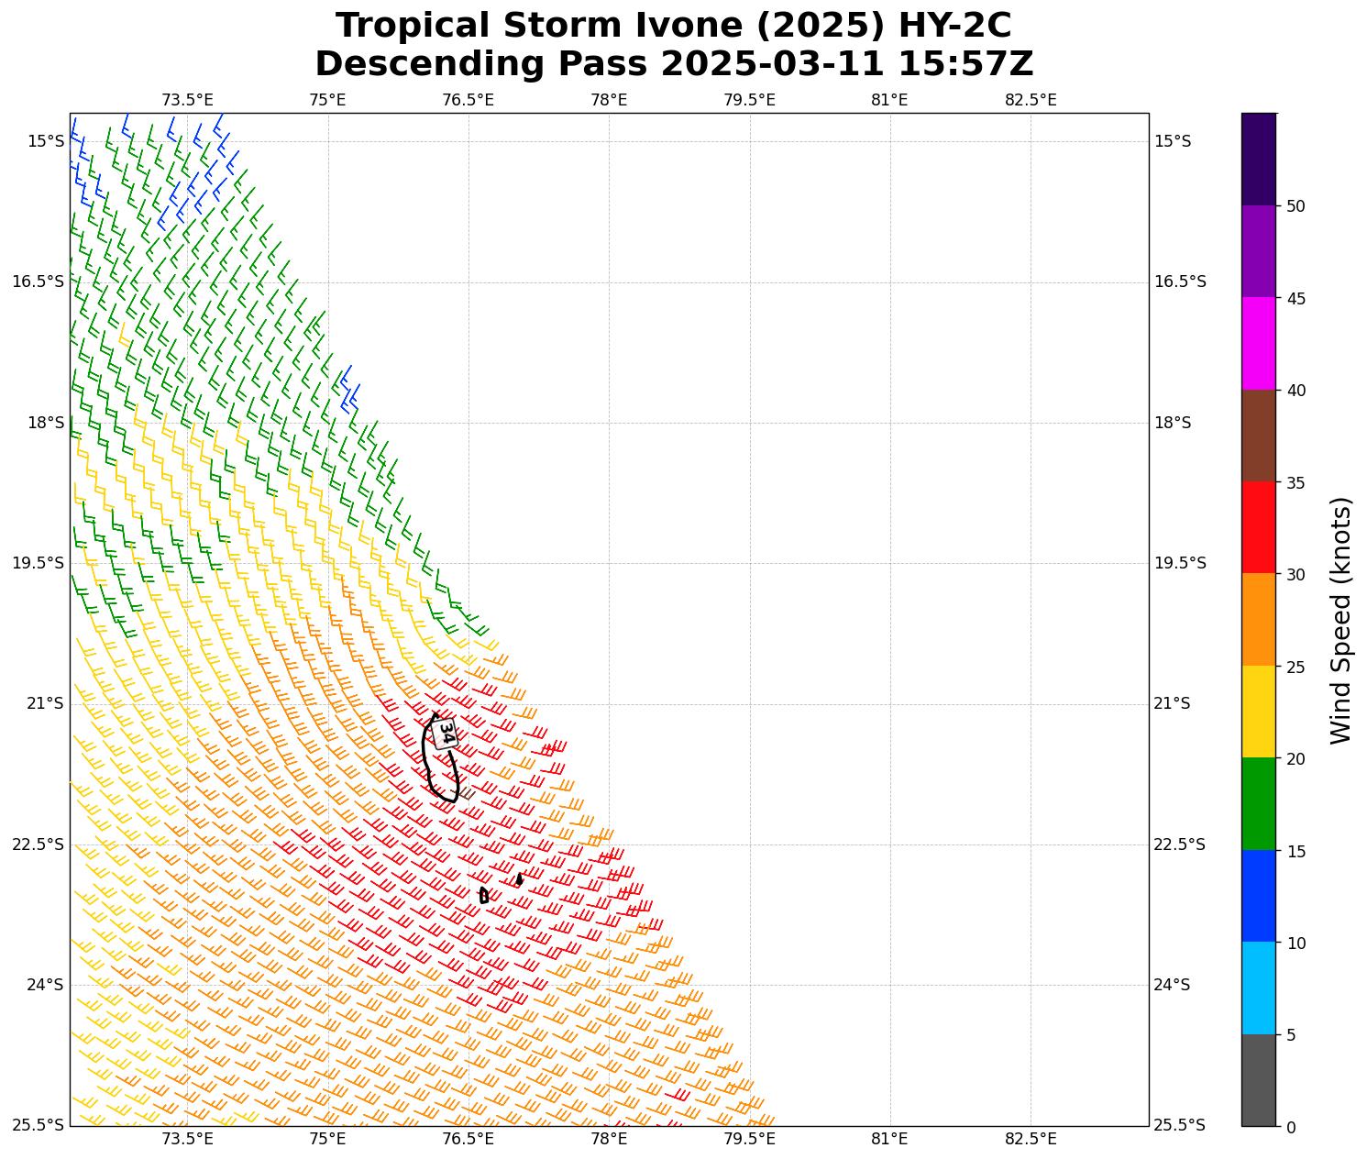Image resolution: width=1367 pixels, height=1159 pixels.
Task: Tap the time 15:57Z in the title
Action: [x=965, y=64]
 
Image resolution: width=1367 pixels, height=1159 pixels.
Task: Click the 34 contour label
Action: [x=446, y=733]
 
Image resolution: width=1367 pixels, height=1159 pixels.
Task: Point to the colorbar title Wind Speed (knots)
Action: [x=1340, y=620]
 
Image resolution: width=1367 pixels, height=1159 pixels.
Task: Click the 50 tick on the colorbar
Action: [x=1295, y=206]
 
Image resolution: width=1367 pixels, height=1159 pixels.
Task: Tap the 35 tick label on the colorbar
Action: [x=1295, y=482]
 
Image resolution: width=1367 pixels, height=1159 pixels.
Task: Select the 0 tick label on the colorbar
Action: [x=1291, y=1127]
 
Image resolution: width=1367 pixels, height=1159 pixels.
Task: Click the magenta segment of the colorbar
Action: [x=1258, y=343]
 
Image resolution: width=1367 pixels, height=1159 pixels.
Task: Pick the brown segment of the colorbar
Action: [x=1258, y=436]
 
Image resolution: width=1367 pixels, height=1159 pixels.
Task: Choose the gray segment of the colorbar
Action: [x=1258, y=1080]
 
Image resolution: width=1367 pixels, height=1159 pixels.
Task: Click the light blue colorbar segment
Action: [x=1258, y=988]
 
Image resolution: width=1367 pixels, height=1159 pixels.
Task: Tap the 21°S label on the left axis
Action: [x=45, y=703]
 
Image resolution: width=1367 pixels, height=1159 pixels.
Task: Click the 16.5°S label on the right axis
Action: [x=1180, y=281]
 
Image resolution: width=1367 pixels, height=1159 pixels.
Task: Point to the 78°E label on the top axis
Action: [x=609, y=100]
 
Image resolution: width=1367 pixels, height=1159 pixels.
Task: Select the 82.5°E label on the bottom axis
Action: [x=1031, y=1140]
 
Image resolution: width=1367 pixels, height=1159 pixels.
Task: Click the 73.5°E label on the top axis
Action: [x=187, y=100]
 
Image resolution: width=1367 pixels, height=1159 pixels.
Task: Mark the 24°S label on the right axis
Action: [x=1172, y=985]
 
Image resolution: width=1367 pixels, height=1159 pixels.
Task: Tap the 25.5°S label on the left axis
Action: [x=38, y=1125]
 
